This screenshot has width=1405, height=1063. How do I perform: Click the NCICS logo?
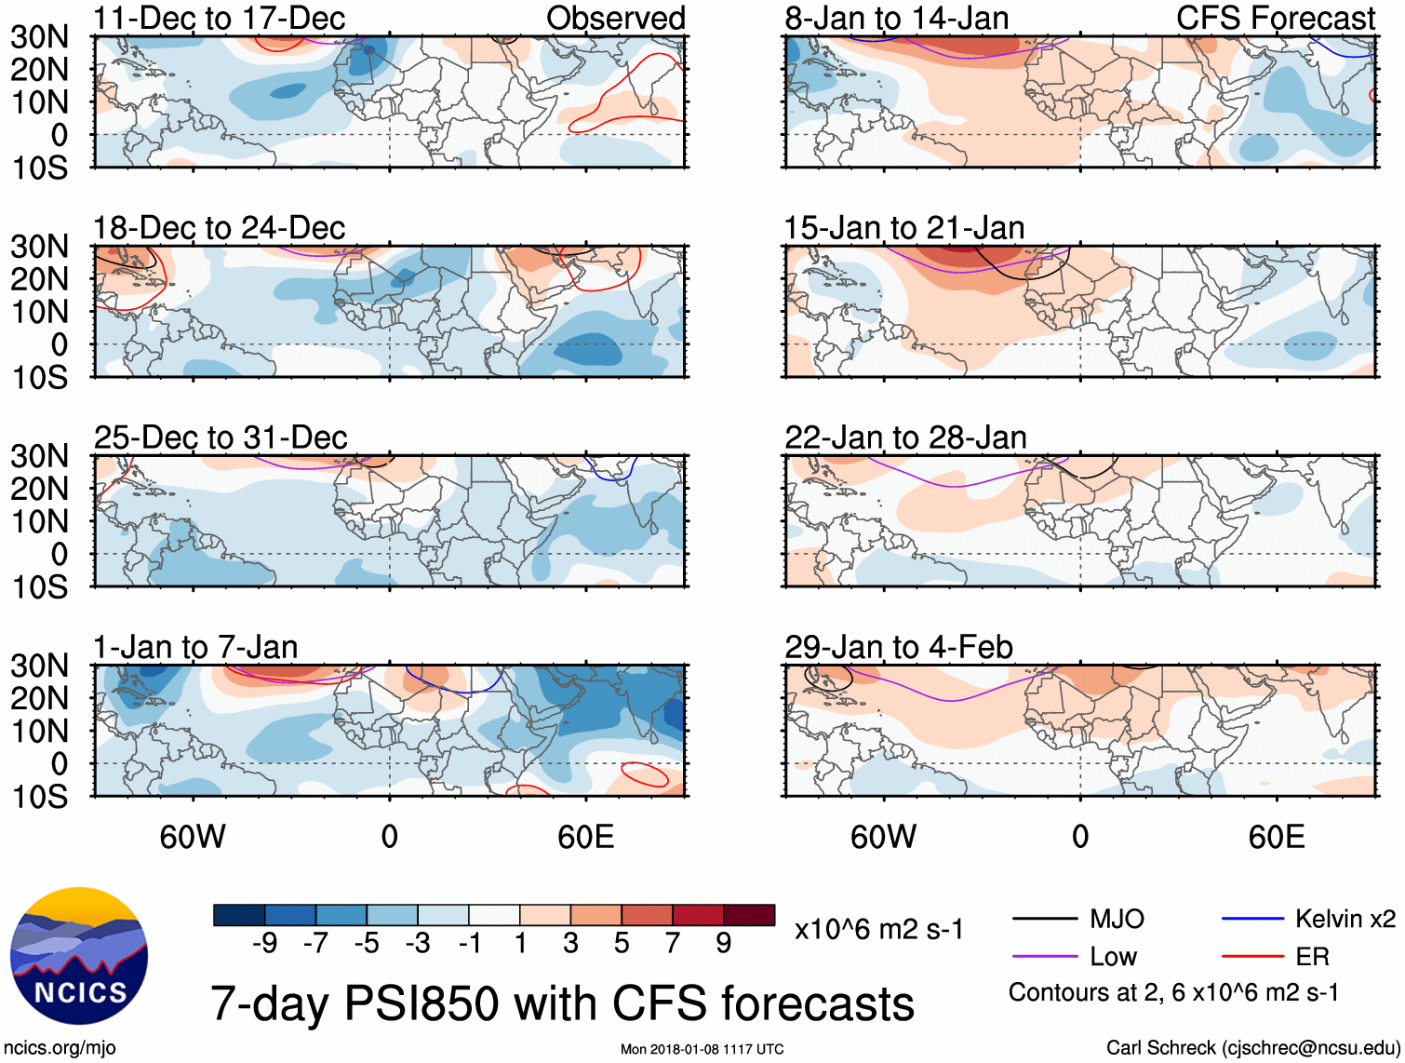pyautogui.click(x=78, y=956)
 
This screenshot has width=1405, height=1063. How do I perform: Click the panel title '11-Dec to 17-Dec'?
pyautogui.click(x=220, y=18)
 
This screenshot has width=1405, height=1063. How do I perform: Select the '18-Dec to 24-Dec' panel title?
pyautogui.click(x=220, y=227)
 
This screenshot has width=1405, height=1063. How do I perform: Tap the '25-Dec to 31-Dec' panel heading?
pyautogui.click(x=221, y=437)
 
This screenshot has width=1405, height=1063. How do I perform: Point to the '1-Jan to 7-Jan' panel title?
pyautogui.click(x=195, y=647)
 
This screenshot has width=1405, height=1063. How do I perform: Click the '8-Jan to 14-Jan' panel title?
pyautogui.click(x=897, y=18)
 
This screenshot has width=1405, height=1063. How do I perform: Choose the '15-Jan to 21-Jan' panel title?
pyautogui.click(x=904, y=227)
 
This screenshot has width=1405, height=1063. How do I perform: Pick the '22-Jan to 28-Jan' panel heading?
pyautogui.click(x=905, y=437)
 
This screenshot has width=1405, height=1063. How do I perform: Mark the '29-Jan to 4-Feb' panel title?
pyautogui.click(x=899, y=647)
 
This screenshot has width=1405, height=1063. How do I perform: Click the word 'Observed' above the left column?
pyautogui.click(x=615, y=18)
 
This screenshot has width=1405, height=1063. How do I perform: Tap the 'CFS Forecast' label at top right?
pyautogui.click(x=1275, y=18)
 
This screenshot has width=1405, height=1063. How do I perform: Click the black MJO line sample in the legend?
pyautogui.click(x=1044, y=919)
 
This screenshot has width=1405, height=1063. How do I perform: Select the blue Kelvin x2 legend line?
pyautogui.click(x=1252, y=919)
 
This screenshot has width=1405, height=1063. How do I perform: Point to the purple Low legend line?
pyautogui.click(x=1044, y=956)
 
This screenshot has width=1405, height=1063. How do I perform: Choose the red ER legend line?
pyautogui.click(x=1252, y=956)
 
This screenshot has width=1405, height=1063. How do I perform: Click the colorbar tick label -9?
pyautogui.click(x=264, y=944)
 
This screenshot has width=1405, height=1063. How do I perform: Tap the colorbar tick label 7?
pyautogui.click(x=673, y=944)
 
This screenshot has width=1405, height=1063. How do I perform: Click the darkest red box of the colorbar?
pyautogui.click(x=749, y=915)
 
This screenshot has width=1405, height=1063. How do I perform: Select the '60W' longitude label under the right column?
pyautogui.click(x=883, y=837)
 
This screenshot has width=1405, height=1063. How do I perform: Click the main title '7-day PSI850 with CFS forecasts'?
pyautogui.click(x=562, y=1003)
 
